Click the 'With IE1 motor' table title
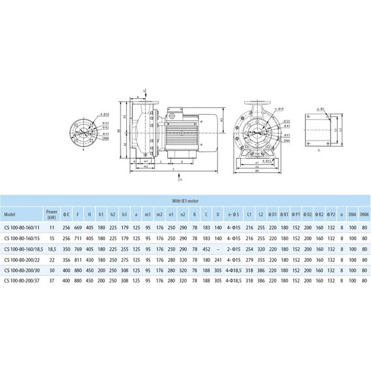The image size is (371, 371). (185, 201)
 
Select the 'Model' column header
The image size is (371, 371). (10, 213)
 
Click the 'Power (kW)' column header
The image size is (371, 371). (51, 213)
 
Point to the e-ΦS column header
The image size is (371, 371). (233, 213)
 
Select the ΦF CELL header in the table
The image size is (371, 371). (78, 213)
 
